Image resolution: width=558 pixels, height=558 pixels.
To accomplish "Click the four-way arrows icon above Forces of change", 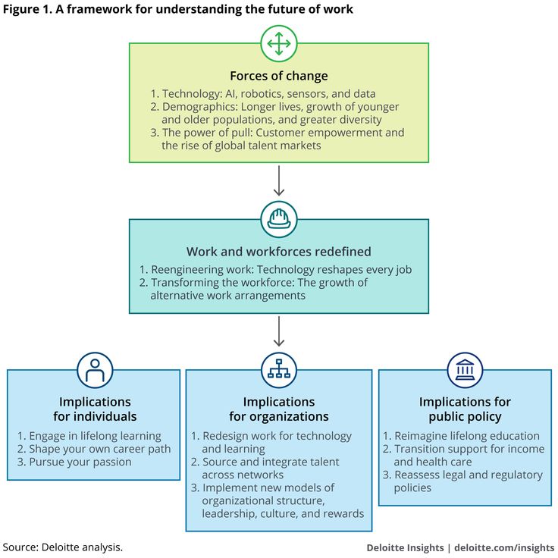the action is click(279, 44).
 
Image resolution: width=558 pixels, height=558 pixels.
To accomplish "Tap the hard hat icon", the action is click(279, 219).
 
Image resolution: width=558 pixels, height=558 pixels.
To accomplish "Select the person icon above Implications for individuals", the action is click(95, 370).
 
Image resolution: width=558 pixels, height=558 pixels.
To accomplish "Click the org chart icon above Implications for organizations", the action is click(279, 370).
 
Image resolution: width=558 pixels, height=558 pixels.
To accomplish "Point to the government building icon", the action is click(465, 370).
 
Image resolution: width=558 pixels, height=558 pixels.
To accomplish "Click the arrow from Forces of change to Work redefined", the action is click(279, 180).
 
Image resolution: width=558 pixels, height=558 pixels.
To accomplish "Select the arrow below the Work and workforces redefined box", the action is click(279, 331).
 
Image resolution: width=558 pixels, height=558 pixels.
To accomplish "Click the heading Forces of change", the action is click(279, 76).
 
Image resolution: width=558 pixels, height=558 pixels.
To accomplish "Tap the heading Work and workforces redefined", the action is click(279, 252).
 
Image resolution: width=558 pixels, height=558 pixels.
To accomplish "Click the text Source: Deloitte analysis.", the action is click(63, 547).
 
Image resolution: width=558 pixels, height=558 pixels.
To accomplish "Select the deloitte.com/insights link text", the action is click(504, 547).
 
